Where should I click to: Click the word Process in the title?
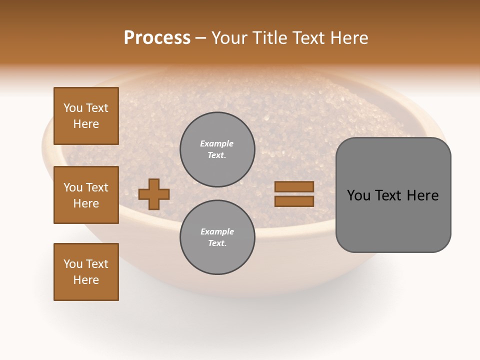click(x=157, y=38)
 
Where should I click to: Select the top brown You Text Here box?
click(x=86, y=116)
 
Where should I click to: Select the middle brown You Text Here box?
click(x=86, y=195)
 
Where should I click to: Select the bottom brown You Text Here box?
click(x=86, y=272)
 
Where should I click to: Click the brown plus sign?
click(x=154, y=194)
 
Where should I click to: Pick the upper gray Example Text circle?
click(x=217, y=149)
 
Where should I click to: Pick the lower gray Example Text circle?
click(x=217, y=237)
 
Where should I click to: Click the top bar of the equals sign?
click(x=294, y=186)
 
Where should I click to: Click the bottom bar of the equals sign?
click(x=294, y=201)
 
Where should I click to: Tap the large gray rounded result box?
click(x=393, y=220)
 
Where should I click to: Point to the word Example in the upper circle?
click(x=217, y=143)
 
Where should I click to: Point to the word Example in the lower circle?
click(x=217, y=231)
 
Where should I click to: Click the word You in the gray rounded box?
click(x=358, y=195)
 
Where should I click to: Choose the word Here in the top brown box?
click(x=86, y=124)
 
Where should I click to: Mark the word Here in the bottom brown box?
click(x=86, y=280)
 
